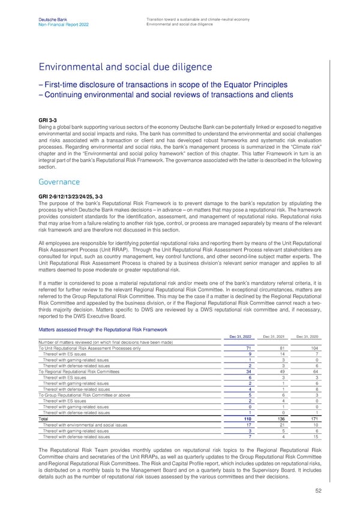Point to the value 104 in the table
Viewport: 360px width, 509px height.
(316, 348)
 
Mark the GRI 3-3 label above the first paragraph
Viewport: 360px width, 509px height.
(48, 119)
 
